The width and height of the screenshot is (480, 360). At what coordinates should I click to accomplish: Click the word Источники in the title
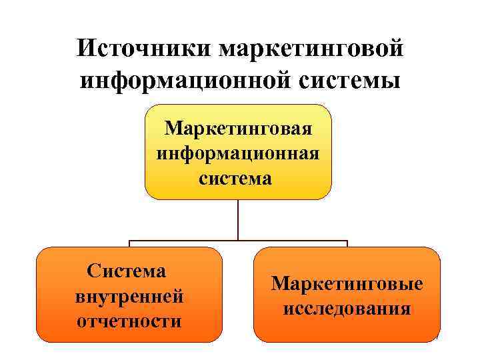141,49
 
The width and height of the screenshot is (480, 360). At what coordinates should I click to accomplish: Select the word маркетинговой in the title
311,49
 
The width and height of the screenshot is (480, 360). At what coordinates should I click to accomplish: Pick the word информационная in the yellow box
238,153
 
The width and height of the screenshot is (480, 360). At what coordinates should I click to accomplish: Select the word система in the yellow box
238,178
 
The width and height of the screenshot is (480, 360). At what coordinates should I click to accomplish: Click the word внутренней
129,295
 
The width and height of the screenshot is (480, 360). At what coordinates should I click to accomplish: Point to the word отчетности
129,321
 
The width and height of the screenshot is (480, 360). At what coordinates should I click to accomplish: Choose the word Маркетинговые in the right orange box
347,283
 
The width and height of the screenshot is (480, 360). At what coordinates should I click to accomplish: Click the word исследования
347,309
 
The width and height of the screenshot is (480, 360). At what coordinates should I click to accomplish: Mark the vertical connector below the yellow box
238,220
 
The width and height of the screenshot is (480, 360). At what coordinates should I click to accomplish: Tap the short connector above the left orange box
129,244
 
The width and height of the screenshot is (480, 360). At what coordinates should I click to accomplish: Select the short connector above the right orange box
347,244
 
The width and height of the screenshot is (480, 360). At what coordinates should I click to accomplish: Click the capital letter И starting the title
85,49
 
